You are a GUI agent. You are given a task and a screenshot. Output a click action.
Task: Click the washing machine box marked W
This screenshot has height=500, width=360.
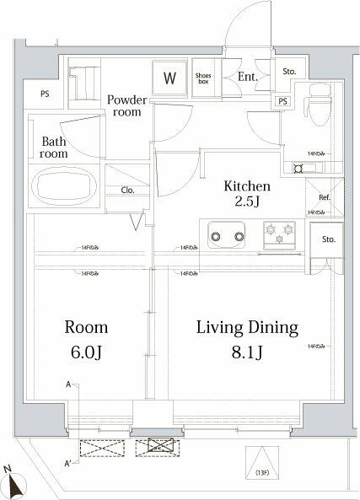pyautogui.click(x=169, y=80)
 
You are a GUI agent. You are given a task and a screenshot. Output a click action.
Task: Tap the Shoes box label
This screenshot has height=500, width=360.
pyautogui.click(x=204, y=78)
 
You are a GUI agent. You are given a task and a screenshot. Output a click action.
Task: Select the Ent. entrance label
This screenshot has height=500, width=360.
pyautogui.click(x=246, y=78)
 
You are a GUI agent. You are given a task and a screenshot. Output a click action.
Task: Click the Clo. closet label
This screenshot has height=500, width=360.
pyautogui.click(x=128, y=191)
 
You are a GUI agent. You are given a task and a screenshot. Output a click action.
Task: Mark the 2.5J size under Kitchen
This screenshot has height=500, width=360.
pyautogui.click(x=245, y=202)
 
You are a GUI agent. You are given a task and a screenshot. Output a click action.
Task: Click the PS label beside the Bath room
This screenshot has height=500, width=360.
pyautogui.click(x=44, y=94)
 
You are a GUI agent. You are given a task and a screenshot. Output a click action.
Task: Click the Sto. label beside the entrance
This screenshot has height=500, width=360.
pyautogui.click(x=290, y=73)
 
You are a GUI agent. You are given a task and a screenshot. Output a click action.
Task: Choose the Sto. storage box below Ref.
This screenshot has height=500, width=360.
pyautogui.click(x=328, y=239)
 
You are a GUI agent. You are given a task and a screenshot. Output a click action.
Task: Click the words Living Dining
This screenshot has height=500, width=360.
pyautogui.click(x=248, y=326)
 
